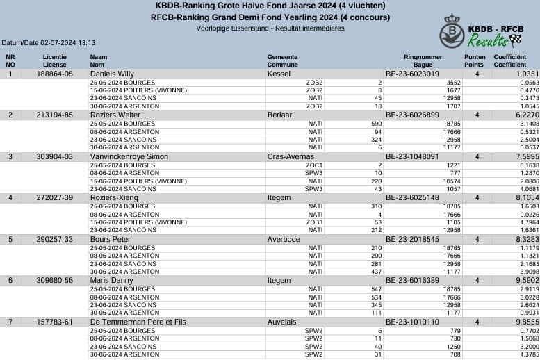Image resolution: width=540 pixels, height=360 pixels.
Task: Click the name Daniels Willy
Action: tap(112, 73)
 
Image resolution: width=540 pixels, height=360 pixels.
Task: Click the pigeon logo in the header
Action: tap(452, 33)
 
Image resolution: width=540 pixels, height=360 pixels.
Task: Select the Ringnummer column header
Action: tap(423, 56)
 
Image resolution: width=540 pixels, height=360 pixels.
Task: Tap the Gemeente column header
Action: tap(282, 56)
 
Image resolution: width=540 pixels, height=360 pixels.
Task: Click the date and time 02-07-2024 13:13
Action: tap(68, 43)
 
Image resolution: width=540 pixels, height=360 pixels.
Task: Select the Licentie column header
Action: tap(55, 56)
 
